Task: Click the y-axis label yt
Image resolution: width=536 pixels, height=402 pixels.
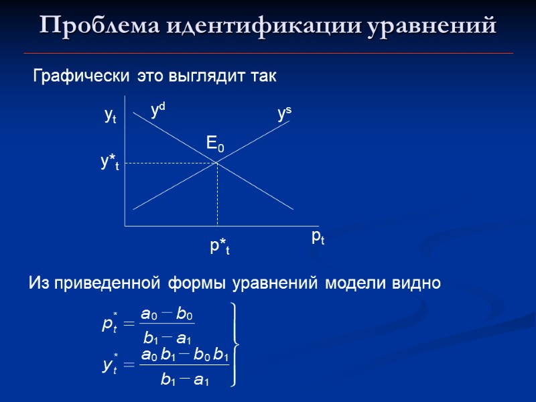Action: (x=111, y=116)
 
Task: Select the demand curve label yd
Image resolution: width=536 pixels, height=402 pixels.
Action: (x=158, y=110)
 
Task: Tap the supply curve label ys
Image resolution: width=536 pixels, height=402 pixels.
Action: (x=284, y=115)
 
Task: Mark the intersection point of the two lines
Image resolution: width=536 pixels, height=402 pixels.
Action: (x=217, y=163)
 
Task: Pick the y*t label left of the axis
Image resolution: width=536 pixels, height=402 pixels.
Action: (x=109, y=163)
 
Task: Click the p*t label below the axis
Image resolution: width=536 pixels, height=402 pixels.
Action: (x=220, y=247)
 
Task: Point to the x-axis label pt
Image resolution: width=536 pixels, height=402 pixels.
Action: (x=318, y=237)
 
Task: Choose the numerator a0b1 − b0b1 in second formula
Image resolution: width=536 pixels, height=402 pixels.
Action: (x=184, y=354)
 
